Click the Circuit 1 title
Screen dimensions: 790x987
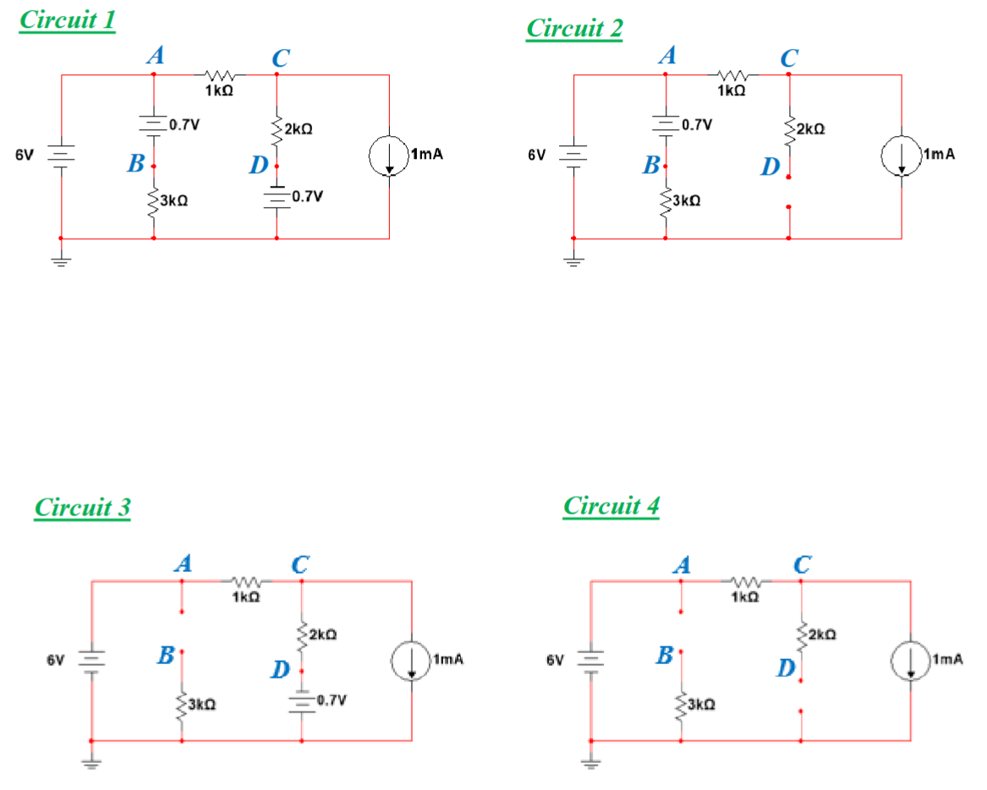(x=67, y=20)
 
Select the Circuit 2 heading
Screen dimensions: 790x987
(x=574, y=28)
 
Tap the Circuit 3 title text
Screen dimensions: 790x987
(x=83, y=507)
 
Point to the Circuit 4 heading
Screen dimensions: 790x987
(x=611, y=506)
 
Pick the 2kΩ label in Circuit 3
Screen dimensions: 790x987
(x=323, y=633)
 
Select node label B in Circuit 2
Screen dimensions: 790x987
(x=650, y=165)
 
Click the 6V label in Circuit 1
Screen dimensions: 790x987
(x=25, y=155)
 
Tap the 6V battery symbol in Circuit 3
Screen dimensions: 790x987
(x=91, y=659)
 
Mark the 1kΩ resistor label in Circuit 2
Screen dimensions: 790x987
(x=731, y=90)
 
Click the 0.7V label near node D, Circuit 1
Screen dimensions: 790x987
(x=305, y=196)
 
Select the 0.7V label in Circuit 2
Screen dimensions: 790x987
(x=696, y=124)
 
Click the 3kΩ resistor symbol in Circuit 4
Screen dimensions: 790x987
(x=681, y=704)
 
